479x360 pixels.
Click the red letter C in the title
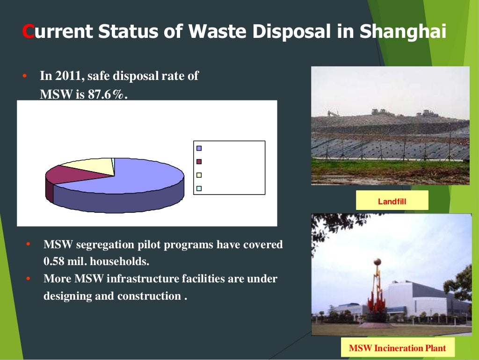point(28,32)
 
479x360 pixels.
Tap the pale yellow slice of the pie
point(89,165)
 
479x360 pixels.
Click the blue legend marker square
point(199,148)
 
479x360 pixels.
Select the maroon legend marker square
point(199,161)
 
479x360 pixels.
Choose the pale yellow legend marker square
point(199,175)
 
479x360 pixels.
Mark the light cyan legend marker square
point(199,188)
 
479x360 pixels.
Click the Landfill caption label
point(392,202)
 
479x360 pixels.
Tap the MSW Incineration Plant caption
point(397,348)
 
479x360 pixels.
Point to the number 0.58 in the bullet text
point(54,261)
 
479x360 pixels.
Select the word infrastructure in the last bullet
point(143,279)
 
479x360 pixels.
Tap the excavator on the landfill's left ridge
point(333,114)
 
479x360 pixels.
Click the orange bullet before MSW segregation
point(28,244)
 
